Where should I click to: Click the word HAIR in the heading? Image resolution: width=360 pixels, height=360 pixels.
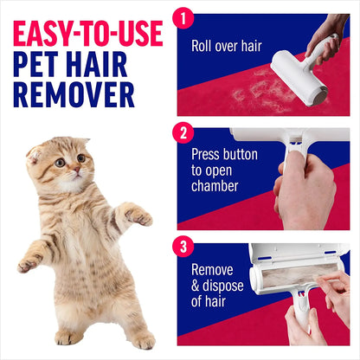tap(106, 65)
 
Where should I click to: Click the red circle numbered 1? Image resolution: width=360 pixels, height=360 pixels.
tap(182, 18)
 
